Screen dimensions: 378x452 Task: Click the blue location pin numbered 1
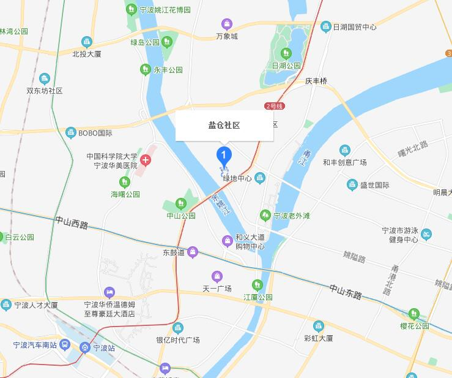pos(224,154)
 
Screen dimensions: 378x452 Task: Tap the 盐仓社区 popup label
pos(224,126)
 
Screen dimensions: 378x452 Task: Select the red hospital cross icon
pos(146,161)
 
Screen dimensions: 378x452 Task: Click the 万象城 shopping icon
pos(227,25)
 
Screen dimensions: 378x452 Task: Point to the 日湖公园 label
pos(286,65)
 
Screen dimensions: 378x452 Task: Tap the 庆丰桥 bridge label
pos(316,81)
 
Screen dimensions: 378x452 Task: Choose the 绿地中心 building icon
pos(261,178)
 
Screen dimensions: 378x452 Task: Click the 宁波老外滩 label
pos(292,216)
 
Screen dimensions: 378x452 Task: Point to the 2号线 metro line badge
pos(275,106)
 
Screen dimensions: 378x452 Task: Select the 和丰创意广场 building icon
pos(345,151)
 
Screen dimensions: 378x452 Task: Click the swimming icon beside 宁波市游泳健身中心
pos(426,233)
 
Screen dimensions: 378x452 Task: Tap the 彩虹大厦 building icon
pos(318,325)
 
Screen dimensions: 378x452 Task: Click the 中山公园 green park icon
pos(180,203)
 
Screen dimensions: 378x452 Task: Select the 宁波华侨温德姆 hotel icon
pos(109,292)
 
